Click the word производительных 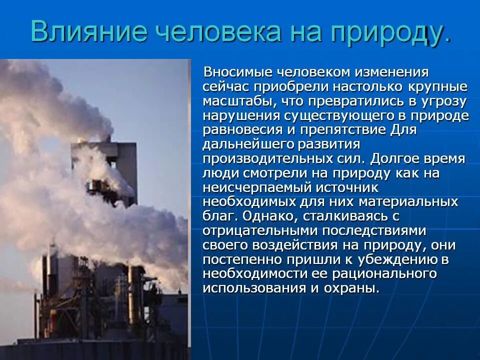[x=264, y=159]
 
